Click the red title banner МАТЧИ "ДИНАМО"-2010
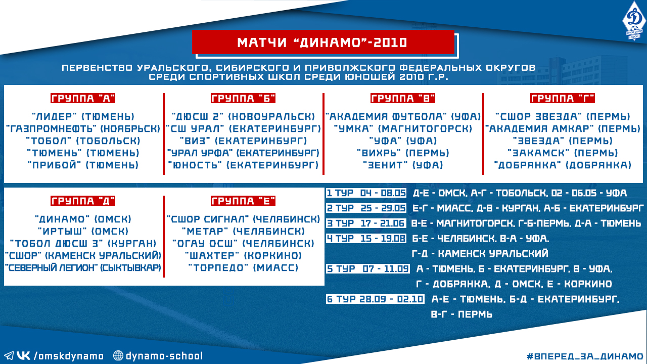(323, 42)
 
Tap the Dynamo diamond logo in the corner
(634, 21)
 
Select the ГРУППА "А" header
(83, 98)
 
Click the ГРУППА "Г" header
(563, 98)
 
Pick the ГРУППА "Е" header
(243, 201)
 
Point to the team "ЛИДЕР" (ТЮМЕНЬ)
(83, 116)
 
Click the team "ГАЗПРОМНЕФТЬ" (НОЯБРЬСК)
(83, 128)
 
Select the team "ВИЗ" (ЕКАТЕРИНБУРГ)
(243, 141)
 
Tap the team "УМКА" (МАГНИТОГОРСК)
(403, 128)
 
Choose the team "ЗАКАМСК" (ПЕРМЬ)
(563, 153)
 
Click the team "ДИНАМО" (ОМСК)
(83, 219)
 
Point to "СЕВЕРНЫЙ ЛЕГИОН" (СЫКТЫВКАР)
(83, 268)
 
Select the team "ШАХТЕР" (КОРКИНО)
(243, 256)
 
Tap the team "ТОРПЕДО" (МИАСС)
(243, 268)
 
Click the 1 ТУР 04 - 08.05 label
(366, 193)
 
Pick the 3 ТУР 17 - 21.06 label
(366, 223)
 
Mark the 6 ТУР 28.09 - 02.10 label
(375, 299)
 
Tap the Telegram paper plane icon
(9, 355)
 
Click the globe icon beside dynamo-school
(118, 355)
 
